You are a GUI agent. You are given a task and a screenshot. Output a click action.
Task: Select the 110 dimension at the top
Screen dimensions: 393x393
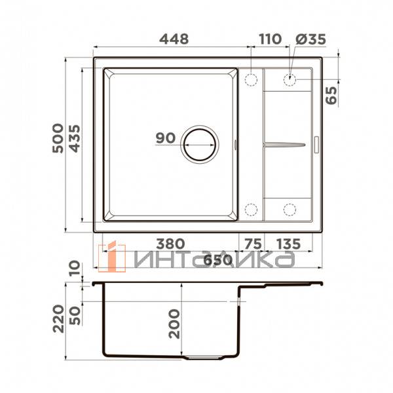pos(270,39)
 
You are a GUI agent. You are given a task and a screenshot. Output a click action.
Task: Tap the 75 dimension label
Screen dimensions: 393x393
pos(252,244)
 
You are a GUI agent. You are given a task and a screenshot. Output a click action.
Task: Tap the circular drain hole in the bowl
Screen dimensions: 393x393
pos(200,142)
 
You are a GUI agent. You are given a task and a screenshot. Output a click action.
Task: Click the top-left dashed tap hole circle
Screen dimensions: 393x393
pos(250,80)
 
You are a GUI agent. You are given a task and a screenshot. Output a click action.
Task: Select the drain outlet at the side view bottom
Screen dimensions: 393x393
pos(204,358)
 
